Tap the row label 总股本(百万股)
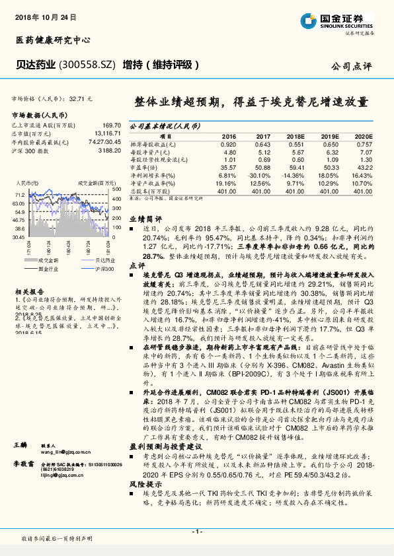point(153,191)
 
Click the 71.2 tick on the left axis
point(19,195)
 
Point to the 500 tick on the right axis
point(116,189)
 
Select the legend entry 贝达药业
point(87,260)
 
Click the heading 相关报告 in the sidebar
point(29,291)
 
